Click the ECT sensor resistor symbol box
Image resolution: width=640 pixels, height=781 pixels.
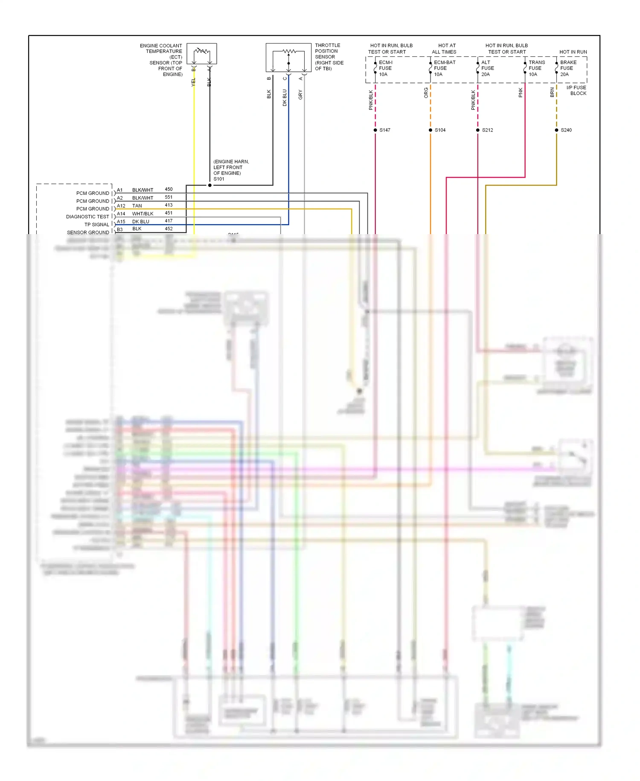click(201, 54)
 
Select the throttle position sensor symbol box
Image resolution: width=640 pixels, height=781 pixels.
click(288, 57)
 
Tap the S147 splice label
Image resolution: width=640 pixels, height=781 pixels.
click(385, 130)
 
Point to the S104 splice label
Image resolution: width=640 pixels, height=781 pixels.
click(440, 130)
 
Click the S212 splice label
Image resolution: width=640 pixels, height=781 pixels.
click(487, 130)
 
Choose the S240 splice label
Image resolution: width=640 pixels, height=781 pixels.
click(566, 130)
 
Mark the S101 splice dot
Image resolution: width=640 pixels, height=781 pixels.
click(209, 185)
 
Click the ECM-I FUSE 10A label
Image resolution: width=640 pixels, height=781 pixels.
click(385, 68)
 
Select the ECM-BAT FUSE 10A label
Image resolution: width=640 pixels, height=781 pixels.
click(444, 68)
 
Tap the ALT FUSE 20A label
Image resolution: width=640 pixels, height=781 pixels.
click(487, 68)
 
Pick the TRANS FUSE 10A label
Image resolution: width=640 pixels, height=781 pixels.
click(536, 68)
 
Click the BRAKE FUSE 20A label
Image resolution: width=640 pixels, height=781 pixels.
click(568, 68)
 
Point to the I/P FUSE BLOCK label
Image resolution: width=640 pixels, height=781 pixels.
click(577, 91)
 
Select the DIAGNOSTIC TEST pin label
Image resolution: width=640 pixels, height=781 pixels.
click(87, 217)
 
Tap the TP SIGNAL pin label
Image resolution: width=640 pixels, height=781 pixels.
click(97, 225)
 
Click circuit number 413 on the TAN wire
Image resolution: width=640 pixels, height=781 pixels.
click(169, 205)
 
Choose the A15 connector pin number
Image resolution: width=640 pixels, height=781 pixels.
click(121, 222)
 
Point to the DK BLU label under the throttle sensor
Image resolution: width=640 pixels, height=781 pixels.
click(285, 97)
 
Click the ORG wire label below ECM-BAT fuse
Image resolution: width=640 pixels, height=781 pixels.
click(426, 93)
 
